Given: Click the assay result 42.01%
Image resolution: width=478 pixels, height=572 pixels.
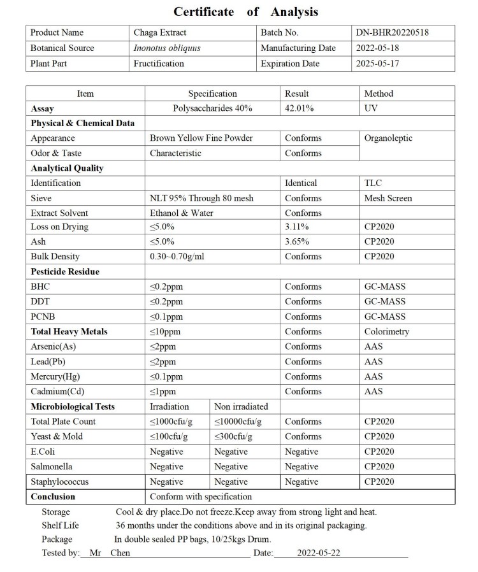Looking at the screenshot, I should coord(300,108).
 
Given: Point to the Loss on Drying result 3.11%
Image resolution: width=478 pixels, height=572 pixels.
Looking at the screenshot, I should coord(297,227).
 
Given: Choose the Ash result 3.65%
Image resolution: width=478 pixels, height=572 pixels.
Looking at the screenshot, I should coord(298,241).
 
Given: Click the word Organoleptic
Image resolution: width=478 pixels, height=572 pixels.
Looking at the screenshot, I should coord(388,138).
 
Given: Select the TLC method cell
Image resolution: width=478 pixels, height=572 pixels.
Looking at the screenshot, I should coord(373,183).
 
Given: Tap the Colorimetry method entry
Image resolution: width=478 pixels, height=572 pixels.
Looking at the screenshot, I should coord(387,331).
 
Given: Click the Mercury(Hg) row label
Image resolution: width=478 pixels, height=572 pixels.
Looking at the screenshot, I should coord(56,376).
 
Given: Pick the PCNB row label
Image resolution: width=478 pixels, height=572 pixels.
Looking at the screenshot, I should coord(43,317).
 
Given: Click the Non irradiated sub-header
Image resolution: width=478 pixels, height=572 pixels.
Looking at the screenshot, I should coord(241,406).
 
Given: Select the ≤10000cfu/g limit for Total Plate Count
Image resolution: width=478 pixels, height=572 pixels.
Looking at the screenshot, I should coord(238,422).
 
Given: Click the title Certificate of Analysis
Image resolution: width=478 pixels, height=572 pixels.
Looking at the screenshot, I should coord(245,12).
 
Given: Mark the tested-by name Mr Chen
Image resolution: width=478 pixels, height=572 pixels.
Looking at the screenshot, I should coord(110,553).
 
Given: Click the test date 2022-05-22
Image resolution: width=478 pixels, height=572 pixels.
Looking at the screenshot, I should coord(319,553).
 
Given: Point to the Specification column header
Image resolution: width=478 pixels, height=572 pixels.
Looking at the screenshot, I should coord(212,94).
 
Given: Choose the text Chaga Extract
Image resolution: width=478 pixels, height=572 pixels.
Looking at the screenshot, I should coord(160,32).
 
